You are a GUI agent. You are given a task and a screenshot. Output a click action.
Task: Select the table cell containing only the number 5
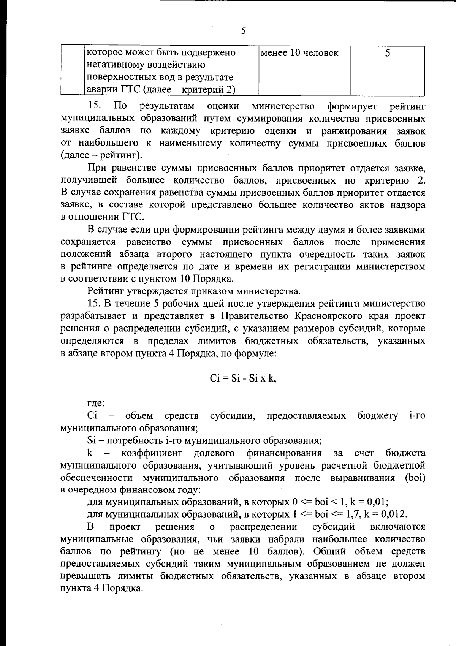point(388,53)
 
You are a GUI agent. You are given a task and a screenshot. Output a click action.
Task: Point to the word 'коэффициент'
point(152,453)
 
